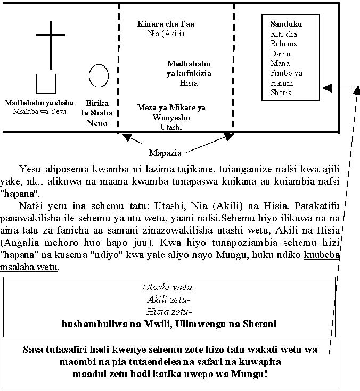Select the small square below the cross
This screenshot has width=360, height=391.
pos(46,84)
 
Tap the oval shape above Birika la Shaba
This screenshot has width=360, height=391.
pos(99,76)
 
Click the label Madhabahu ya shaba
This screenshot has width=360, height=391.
pos(39,103)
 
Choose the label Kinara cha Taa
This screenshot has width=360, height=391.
pos(166,24)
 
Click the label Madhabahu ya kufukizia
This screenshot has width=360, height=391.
pos(189,69)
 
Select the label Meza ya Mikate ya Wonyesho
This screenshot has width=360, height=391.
pos(171,112)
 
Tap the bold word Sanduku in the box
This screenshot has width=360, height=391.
pos(286,24)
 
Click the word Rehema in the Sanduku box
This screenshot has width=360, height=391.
pos(284,44)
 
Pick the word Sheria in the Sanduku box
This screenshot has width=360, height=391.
pos(281,93)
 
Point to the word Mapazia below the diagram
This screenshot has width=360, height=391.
pos(165,153)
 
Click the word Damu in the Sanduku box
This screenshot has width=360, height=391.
pos(281,54)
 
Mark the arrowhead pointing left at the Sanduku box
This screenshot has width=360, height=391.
pos(328,87)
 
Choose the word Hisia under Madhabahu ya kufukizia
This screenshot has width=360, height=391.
pos(189,83)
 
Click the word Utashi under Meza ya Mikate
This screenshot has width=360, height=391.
pos(171,127)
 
